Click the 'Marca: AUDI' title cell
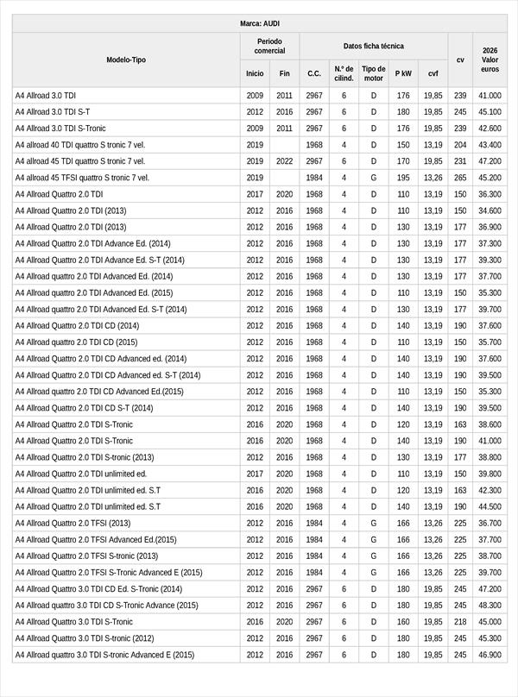(x=259, y=23)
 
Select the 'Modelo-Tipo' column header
(x=126, y=60)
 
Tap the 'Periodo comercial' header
(x=269, y=46)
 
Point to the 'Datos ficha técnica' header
(x=373, y=46)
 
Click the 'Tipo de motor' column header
(x=374, y=73)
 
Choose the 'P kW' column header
(x=403, y=73)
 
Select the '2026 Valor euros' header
(x=490, y=60)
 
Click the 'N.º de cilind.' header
(x=344, y=73)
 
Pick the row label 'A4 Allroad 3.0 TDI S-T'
(x=53, y=112)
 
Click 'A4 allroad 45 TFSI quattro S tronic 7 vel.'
(x=82, y=178)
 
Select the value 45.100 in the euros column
(x=490, y=112)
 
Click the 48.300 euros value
(x=490, y=605)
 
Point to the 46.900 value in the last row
(x=490, y=655)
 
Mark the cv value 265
(x=460, y=178)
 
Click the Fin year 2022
(x=284, y=161)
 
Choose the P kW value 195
(x=403, y=178)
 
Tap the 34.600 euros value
(x=490, y=210)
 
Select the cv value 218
(x=460, y=621)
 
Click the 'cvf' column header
(x=433, y=73)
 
